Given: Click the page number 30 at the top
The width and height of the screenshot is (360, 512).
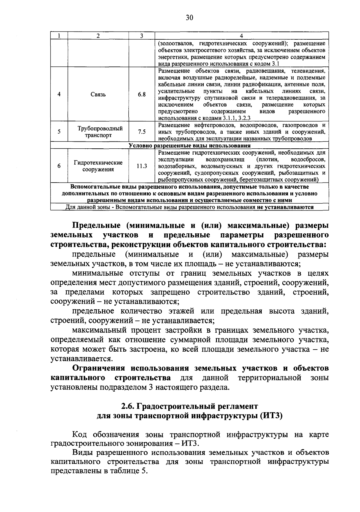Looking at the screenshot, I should [189, 18].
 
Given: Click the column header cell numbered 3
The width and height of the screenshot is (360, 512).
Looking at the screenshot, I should [142, 35].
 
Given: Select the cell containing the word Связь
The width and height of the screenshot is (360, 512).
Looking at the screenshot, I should [98, 94].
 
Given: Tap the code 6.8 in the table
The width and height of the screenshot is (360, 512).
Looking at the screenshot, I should [142, 94].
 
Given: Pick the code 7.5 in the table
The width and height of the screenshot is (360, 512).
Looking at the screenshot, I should [142, 132].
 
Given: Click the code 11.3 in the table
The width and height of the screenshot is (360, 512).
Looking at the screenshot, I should [142, 166].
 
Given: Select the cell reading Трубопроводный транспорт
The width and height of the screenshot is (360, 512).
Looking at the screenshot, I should [98, 132].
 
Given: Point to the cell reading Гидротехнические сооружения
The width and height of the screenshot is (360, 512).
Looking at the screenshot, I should [98, 166].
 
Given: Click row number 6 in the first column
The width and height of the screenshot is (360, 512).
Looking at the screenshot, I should [59, 166].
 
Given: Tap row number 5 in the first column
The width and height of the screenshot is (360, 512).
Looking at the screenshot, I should [59, 132].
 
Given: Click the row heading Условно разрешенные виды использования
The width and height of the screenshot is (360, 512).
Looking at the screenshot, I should [189, 146].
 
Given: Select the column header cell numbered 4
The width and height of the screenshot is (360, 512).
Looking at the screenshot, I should [241, 35].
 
